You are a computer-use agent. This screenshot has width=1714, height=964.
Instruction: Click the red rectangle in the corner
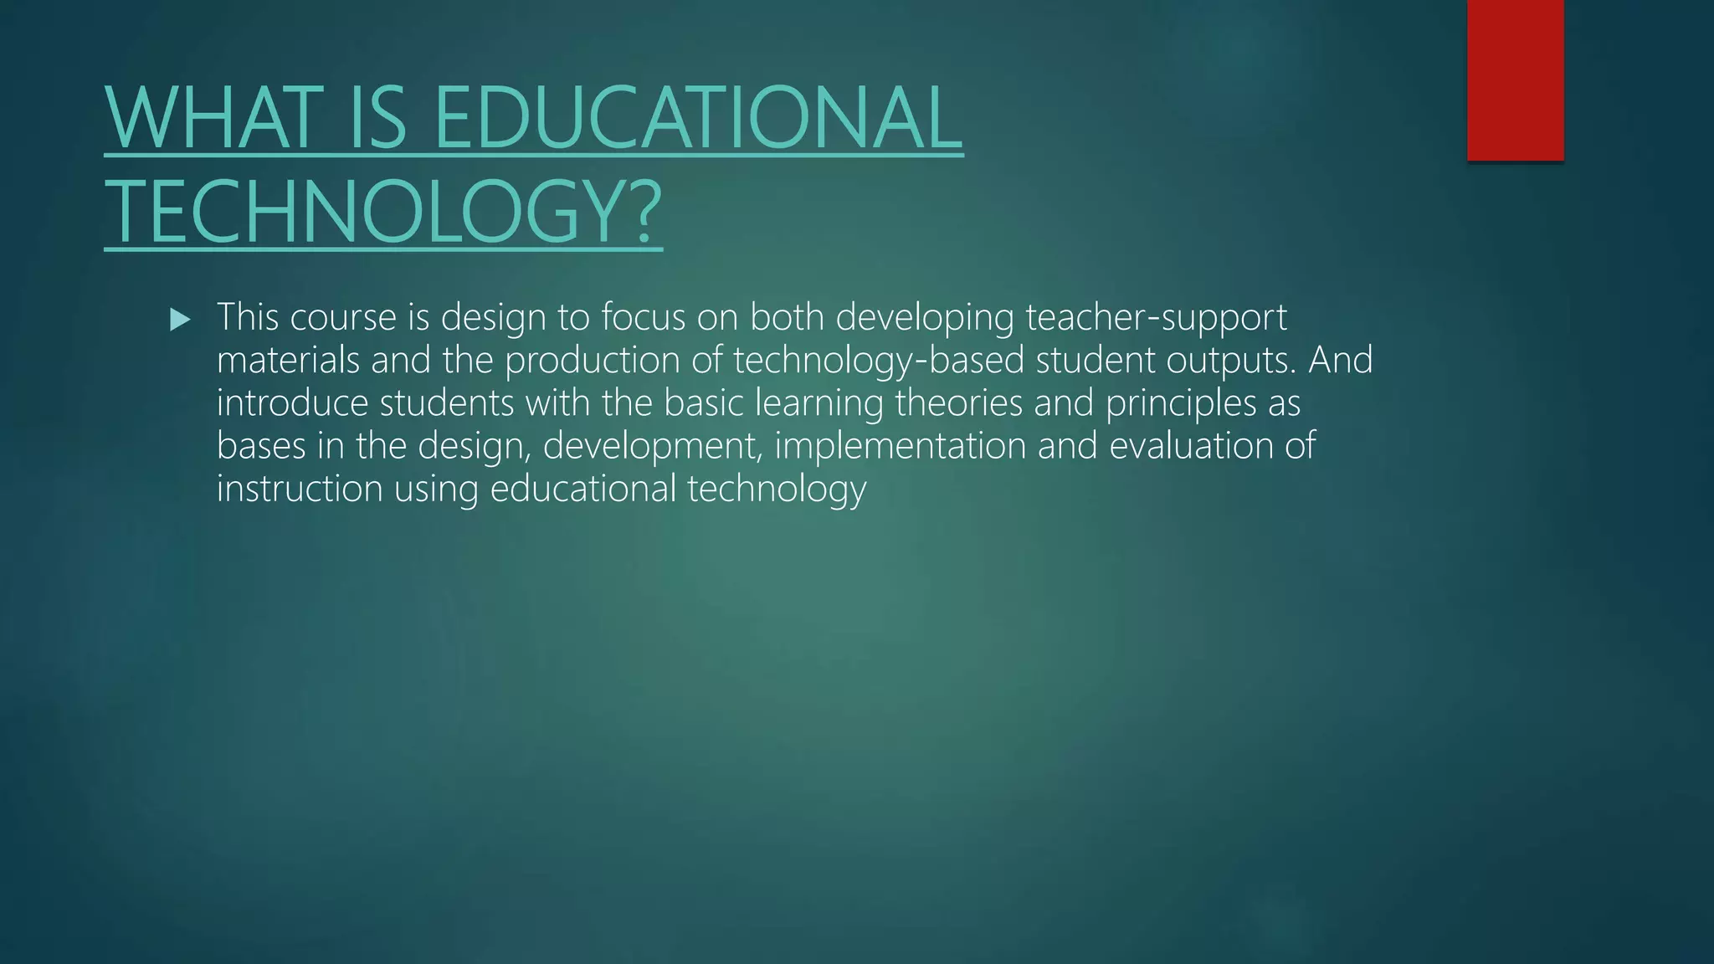pyautogui.click(x=1515, y=80)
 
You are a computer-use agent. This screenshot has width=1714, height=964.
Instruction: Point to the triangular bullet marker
pyautogui.click(x=180, y=319)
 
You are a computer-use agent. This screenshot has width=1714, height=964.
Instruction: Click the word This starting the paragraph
pyautogui.click(x=248, y=317)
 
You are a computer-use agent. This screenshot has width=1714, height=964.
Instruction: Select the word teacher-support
pyautogui.click(x=1156, y=318)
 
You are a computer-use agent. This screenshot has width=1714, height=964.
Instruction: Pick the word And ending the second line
pyautogui.click(x=1341, y=360)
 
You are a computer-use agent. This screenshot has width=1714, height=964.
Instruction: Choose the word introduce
pyautogui.click(x=293, y=403)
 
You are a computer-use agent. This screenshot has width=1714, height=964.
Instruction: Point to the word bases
pyautogui.click(x=261, y=446)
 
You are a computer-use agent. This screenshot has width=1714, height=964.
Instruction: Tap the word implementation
pyautogui.click(x=901, y=446)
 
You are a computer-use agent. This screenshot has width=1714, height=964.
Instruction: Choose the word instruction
pyautogui.click(x=300, y=489)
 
